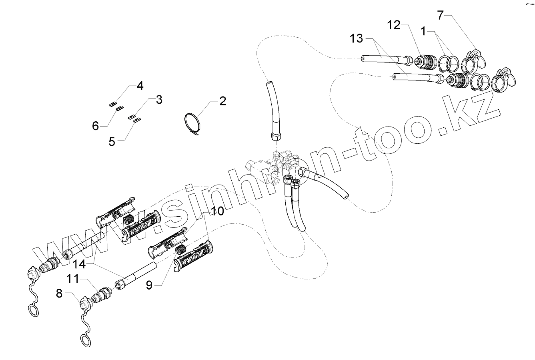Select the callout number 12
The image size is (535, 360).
coord(394,25)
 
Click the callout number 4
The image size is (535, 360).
coord(140,85)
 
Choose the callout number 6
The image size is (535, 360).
coord(95,126)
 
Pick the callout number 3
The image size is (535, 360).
coord(159,100)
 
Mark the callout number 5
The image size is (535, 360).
coord(112,141)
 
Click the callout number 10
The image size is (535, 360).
coord(218,211)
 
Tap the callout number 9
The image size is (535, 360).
coord(149,285)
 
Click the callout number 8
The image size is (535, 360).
coord(59,294)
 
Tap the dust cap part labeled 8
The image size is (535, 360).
coord(85,303)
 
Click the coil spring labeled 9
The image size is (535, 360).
coord(182,252)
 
